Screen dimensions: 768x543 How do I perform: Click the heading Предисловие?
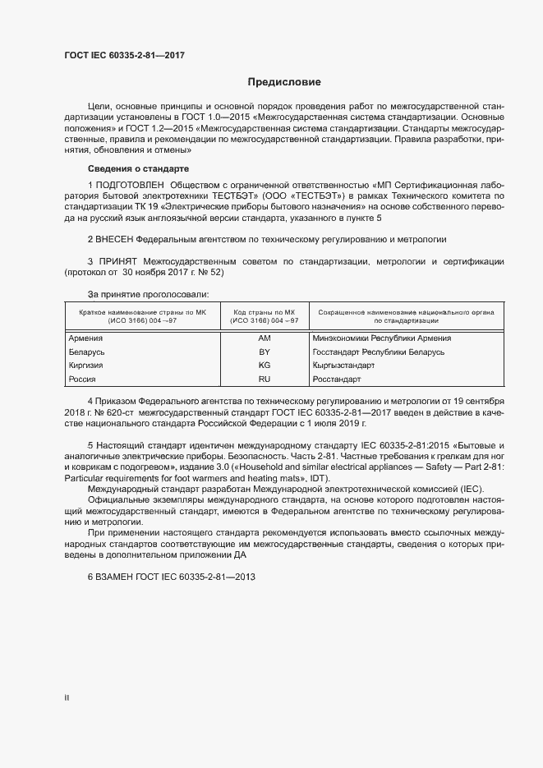(284, 82)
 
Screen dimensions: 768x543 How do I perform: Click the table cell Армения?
(86, 338)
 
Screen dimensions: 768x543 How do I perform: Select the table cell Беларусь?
(88, 352)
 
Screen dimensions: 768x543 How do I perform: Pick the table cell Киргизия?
(88, 366)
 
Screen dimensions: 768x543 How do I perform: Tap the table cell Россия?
(83, 379)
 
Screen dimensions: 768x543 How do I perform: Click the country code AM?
(264, 338)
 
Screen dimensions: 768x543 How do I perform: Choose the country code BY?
(264, 352)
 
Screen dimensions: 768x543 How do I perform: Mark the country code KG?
(264, 366)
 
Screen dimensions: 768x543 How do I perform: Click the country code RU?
(264, 379)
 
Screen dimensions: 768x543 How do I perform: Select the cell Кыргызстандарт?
(343, 366)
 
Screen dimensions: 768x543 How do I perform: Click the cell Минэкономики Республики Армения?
(382, 338)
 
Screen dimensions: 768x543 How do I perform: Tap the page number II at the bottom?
(67, 698)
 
